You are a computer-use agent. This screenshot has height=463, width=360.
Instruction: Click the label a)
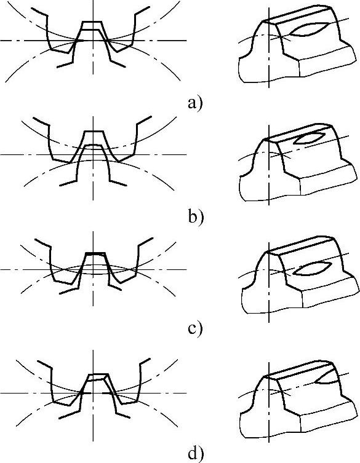(x=195, y=104)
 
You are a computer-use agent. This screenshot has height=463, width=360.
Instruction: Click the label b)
(x=196, y=216)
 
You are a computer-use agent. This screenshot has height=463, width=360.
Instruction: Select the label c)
(x=195, y=328)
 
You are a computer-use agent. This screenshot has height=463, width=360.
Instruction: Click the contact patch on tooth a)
(x=308, y=30)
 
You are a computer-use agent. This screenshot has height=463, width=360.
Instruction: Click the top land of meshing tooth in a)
(x=92, y=22)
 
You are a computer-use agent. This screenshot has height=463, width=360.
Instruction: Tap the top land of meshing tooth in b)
(x=93, y=132)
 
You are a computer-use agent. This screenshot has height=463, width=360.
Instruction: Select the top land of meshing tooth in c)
(x=95, y=253)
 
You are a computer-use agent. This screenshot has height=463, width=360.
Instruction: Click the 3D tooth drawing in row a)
(x=297, y=44)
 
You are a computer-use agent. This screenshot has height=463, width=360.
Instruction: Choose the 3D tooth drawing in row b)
(x=297, y=162)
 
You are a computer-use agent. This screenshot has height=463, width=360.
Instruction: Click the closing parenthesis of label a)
(x=200, y=104)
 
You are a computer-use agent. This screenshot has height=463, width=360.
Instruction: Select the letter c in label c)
(x=192, y=330)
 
